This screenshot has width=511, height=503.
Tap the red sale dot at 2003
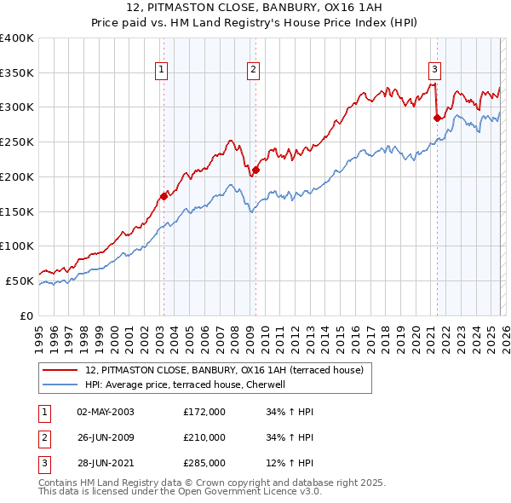click(164, 196)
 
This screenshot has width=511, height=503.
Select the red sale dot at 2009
click(255, 170)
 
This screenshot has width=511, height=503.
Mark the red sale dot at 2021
click(437, 118)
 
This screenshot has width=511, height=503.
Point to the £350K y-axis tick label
click(16, 72)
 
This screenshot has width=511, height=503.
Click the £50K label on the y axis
click(20, 280)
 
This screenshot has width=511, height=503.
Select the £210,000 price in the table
click(204, 437)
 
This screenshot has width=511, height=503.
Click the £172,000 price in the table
click(204, 412)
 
